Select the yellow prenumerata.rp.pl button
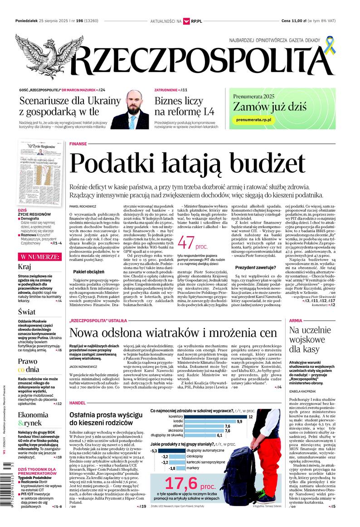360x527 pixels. (x=254, y=119)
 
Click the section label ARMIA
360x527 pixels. (x=296, y=321)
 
